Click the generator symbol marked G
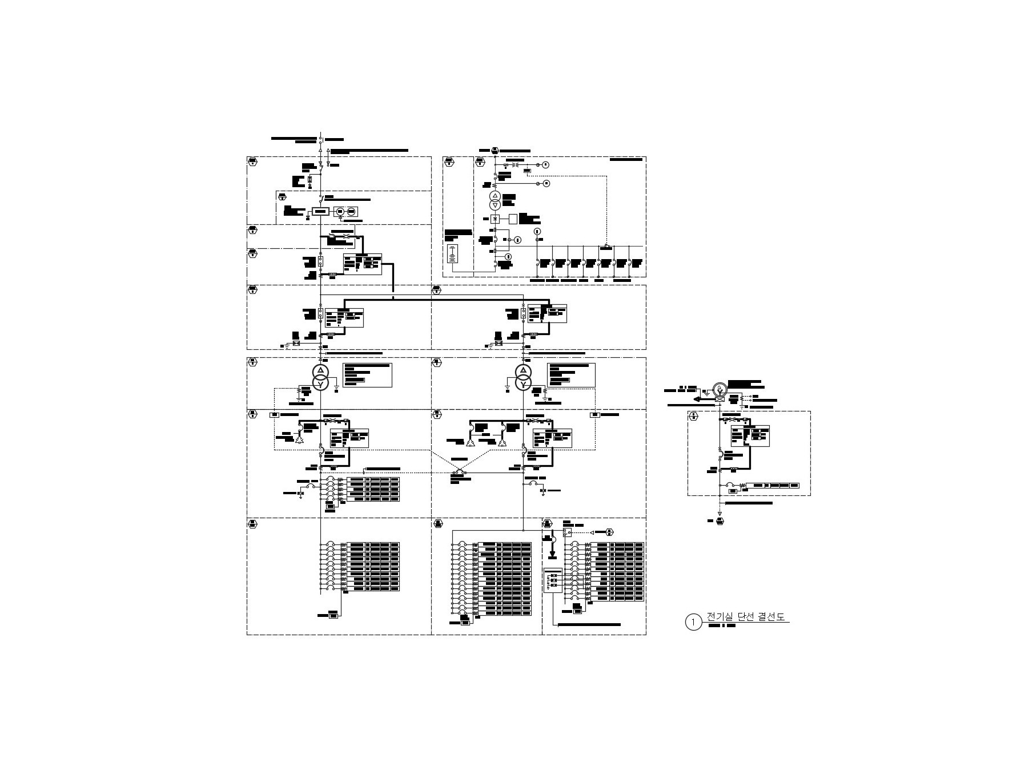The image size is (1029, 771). [x=721, y=389]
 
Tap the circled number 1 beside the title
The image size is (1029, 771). [x=693, y=622]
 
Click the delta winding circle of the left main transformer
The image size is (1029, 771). [x=321, y=372]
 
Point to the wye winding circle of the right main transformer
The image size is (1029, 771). [x=523, y=384]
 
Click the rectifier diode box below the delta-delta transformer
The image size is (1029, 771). [x=495, y=219]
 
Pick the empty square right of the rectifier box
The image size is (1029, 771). [x=513, y=219]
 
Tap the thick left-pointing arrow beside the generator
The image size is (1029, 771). [x=697, y=399]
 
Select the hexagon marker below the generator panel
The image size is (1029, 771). [x=720, y=521]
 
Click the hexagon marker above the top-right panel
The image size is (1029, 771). [x=495, y=150]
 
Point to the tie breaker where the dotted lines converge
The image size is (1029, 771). [x=459, y=473]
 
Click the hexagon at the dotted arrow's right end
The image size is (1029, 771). [x=609, y=532]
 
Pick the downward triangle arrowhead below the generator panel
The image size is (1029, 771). [x=720, y=512]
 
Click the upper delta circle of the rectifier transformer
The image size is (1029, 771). [x=495, y=196]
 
